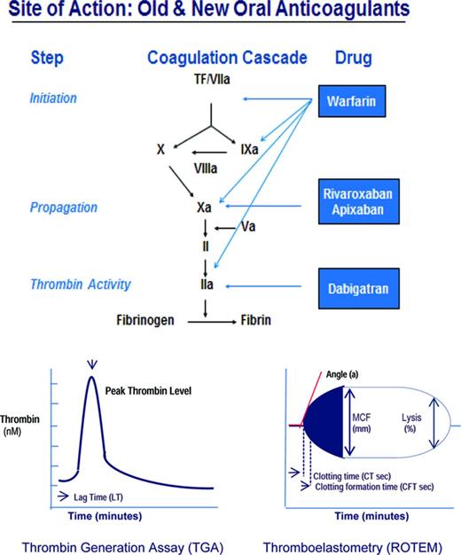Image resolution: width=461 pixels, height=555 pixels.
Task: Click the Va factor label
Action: coord(251,226)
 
